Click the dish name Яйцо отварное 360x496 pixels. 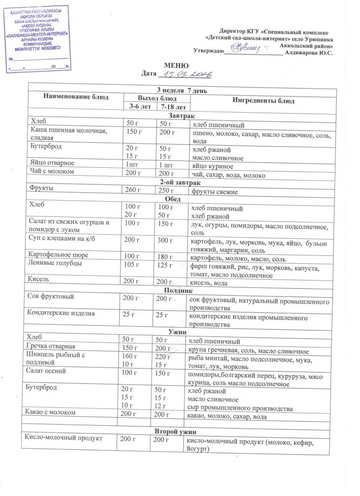click(52, 163)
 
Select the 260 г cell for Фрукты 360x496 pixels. click(133, 190)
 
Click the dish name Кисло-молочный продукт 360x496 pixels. click(64, 438)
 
